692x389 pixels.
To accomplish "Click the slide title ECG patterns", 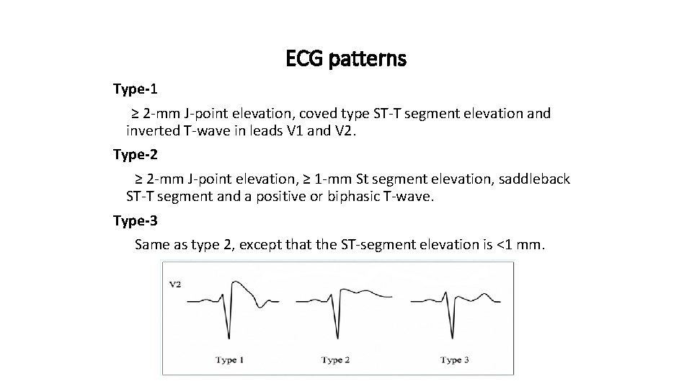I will click(346, 58).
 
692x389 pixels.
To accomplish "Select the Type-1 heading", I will click(135, 89).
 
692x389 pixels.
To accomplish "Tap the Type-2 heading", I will click(135, 154).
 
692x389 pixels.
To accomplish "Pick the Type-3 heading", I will click(135, 220).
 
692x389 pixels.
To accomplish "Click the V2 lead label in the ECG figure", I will click(175, 285).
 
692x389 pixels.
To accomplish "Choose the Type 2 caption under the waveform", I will click(336, 359).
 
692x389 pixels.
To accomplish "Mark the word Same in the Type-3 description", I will click(152, 245).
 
